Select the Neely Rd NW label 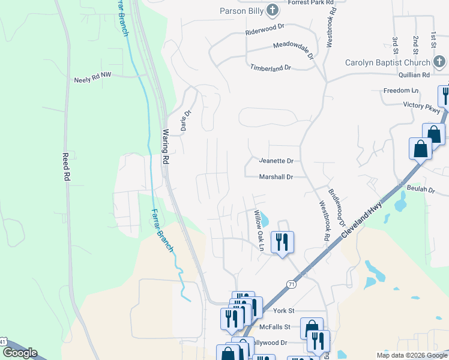point(92,79)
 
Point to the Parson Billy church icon point(273,10)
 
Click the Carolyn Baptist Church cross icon point(439,62)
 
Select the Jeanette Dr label point(276,161)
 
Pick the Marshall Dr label point(276,177)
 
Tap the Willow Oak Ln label point(259,229)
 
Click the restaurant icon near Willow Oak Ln point(282,242)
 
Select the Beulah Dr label point(423,189)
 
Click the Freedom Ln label point(401,91)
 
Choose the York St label point(284,311)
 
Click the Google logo point(20,353)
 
